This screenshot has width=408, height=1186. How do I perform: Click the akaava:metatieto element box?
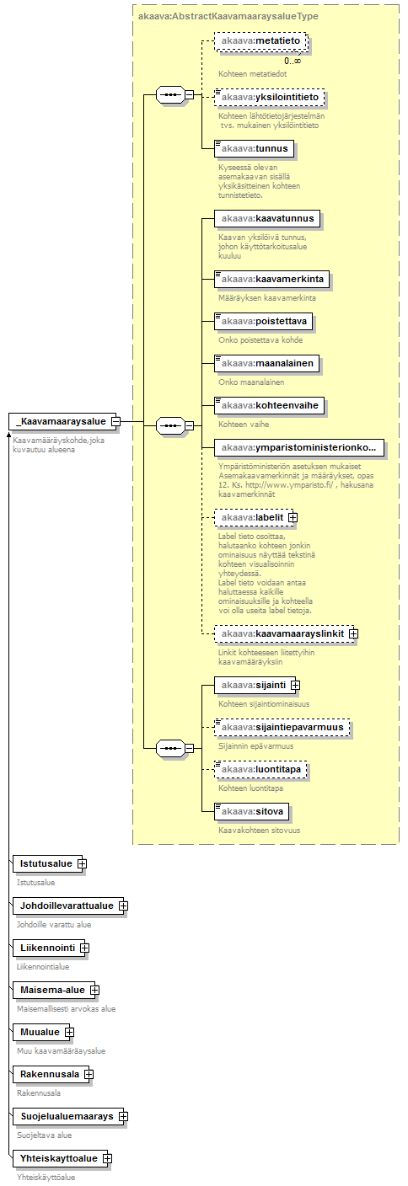tap(260, 41)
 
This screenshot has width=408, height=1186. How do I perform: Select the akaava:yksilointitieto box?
tap(270, 98)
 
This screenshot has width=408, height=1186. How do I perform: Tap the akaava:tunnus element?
tap(254, 149)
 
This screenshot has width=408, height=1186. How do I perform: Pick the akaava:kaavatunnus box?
tap(267, 219)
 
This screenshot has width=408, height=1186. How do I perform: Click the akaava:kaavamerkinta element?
tap(271, 279)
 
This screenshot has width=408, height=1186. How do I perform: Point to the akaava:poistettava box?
tap(263, 322)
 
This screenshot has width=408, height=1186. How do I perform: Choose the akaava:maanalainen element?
tap(267, 364)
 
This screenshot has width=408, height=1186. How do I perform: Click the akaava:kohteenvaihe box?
tap(270, 405)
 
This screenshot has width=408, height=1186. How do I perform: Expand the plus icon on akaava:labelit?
tap(293, 518)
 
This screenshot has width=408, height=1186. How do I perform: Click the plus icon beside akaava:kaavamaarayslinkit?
tap(353, 633)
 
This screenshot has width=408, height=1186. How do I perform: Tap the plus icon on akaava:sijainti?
tap(295, 685)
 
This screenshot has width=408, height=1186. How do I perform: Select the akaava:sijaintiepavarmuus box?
tap(282, 728)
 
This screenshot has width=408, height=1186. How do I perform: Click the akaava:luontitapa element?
tap(260, 769)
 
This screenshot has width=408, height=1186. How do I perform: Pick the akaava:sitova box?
tap(252, 812)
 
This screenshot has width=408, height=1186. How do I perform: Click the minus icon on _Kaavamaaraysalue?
tap(115, 422)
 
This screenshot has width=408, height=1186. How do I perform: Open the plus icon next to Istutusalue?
tap(82, 864)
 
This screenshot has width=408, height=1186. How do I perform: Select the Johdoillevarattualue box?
tap(68, 906)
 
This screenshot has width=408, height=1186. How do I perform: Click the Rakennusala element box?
tap(51, 1074)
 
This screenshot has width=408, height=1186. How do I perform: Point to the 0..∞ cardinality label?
tap(293, 61)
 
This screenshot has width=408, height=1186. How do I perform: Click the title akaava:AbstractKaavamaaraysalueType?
tap(228, 16)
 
